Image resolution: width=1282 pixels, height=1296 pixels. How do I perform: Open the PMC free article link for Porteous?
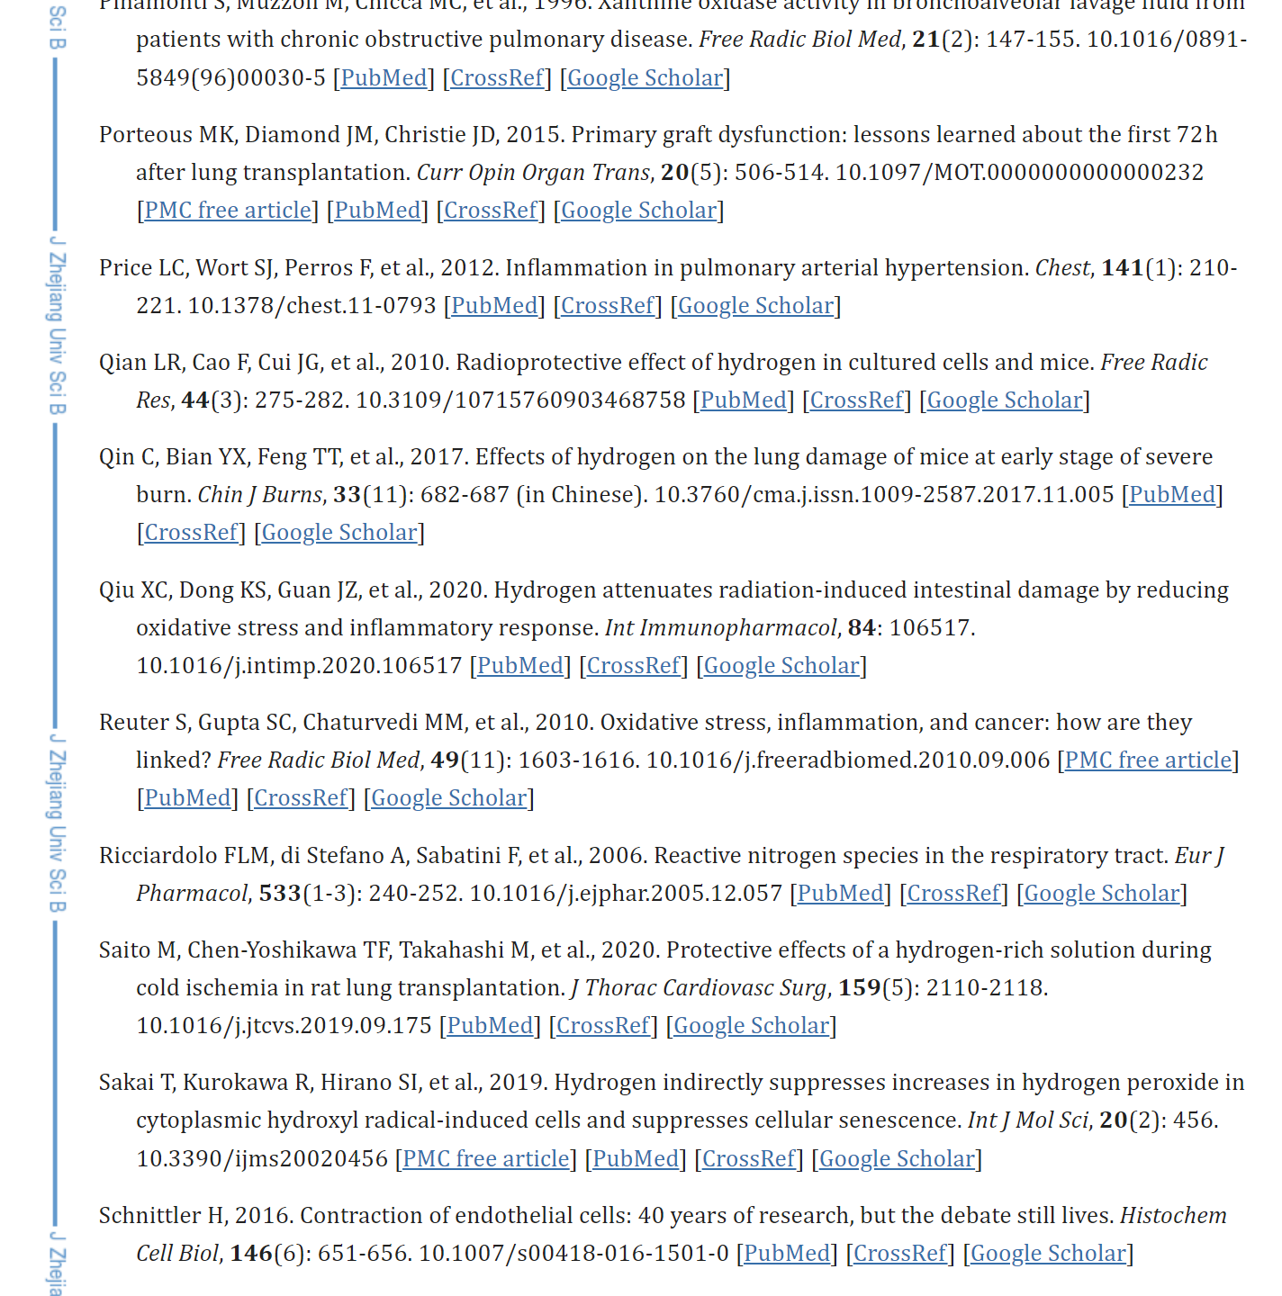tap(228, 211)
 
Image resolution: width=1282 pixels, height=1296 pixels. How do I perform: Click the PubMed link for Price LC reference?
tap(494, 306)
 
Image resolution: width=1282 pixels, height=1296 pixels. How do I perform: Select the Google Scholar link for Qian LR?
tap(1004, 400)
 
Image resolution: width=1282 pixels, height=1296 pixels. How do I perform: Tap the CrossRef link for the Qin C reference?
tap(191, 533)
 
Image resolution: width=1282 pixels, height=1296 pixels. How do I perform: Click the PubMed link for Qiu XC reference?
tap(520, 666)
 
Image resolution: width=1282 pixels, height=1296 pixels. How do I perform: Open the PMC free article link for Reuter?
tap(1148, 760)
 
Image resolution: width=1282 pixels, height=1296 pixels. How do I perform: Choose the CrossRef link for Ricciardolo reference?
tap(953, 894)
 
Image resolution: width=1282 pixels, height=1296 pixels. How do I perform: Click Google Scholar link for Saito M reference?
tap(751, 1026)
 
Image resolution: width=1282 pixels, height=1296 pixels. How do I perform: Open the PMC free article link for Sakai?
tap(486, 1159)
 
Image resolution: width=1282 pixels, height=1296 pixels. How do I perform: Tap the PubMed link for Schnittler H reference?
tap(787, 1254)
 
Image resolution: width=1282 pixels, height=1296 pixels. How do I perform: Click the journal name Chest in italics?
tap(1061, 268)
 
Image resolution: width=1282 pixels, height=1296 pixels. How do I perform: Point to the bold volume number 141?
tap(1122, 268)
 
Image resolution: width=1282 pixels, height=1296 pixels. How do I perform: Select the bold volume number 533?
tap(280, 894)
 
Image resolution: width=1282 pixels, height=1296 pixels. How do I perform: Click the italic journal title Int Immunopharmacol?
tap(720, 628)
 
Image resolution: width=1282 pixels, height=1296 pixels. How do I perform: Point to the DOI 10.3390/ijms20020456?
tap(262, 1159)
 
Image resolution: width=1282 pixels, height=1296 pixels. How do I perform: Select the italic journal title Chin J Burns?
tap(259, 495)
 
